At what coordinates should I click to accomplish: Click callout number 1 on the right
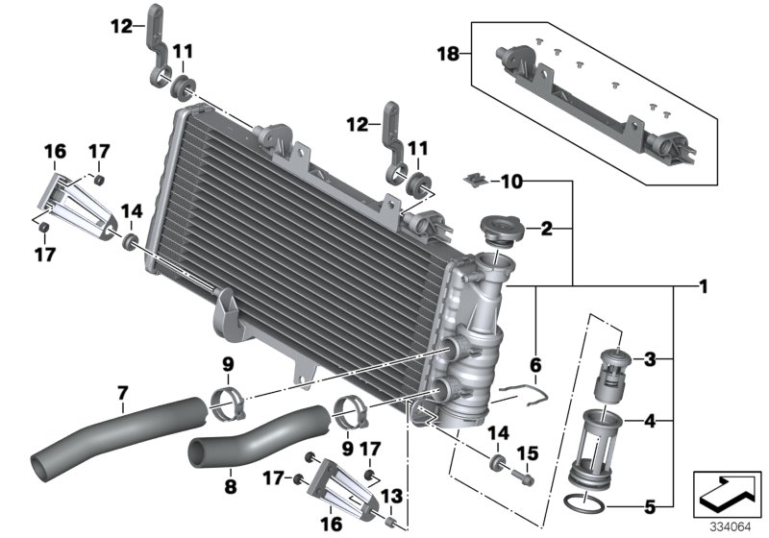coord(705,286)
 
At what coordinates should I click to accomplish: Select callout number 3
coord(651,360)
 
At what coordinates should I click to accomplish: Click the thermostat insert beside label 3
coord(618,373)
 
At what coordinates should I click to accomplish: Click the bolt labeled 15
coord(525,475)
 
